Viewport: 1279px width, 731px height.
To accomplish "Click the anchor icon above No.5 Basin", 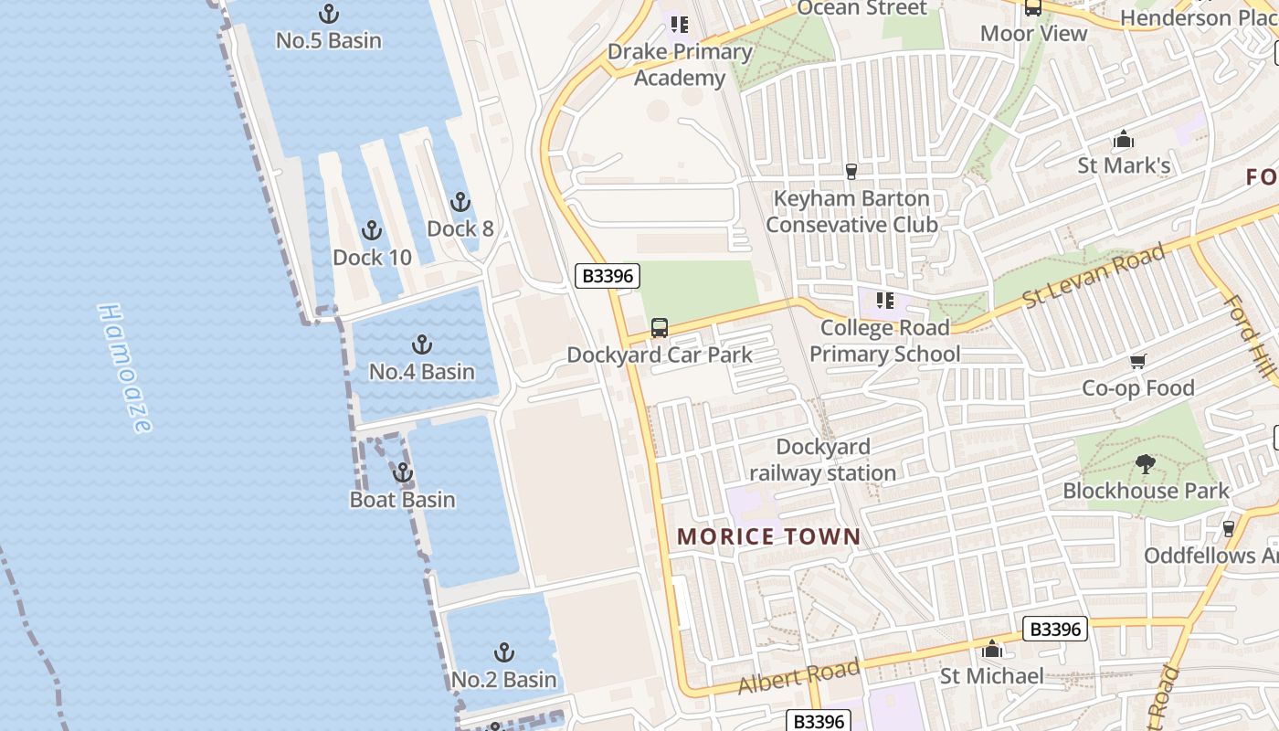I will tap(328, 14).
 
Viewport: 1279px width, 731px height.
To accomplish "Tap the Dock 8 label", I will tap(460, 228).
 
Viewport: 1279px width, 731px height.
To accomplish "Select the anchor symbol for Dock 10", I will tap(371, 230).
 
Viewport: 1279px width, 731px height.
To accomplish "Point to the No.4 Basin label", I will tap(421, 371).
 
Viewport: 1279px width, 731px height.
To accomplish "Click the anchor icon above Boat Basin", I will tap(402, 473).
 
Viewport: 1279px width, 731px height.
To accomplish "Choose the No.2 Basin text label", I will tap(503, 679).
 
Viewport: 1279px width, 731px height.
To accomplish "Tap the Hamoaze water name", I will tap(124, 368).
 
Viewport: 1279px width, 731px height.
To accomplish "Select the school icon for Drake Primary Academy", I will tap(679, 25).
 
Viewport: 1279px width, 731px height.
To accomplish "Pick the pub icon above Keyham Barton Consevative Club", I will tap(851, 172).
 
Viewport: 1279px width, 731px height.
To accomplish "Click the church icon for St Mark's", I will tap(1123, 140).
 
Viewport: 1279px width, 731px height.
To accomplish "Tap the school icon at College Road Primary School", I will tap(883, 301).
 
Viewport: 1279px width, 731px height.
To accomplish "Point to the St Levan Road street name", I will tap(1094, 275).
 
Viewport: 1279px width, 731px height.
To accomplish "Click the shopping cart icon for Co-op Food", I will tap(1137, 362).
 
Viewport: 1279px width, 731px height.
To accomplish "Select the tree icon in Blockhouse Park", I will tap(1145, 464).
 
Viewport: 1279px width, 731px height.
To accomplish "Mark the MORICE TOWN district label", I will tap(769, 536).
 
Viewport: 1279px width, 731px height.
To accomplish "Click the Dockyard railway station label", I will tap(822, 460).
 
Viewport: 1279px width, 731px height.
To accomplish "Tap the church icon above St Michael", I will tap(991, 650).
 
